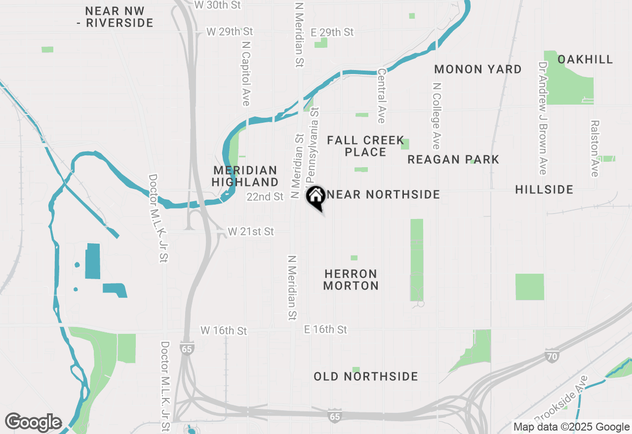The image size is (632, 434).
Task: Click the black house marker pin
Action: pos(316,197)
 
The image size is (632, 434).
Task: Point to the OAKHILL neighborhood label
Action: pos(585,59)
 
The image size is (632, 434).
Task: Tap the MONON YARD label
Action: pos(478,69)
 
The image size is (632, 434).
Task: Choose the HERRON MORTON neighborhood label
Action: pos(351,280)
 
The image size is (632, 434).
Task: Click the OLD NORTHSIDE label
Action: pos(366,377)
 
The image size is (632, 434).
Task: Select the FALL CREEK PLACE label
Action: pos(365,146)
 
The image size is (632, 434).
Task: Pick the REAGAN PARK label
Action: pos(453,159)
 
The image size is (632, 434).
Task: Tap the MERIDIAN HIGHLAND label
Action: pos(245,176)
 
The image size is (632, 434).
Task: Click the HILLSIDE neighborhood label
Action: pos(544,189)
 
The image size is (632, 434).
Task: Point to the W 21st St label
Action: pos(250,231)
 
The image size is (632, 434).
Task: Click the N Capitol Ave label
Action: pos(246,73)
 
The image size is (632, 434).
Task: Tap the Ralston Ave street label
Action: pos(594,148)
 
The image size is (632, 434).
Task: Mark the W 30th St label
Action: pos(217,5)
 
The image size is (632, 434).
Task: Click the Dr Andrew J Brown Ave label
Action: pos(543,118)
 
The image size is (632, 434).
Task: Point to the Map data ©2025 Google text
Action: pos(571,427)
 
